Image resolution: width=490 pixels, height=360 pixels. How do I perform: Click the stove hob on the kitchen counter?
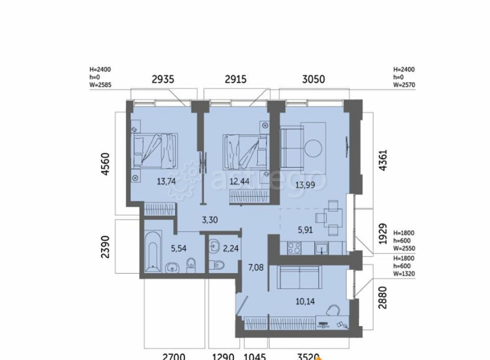tap(294, 249)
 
